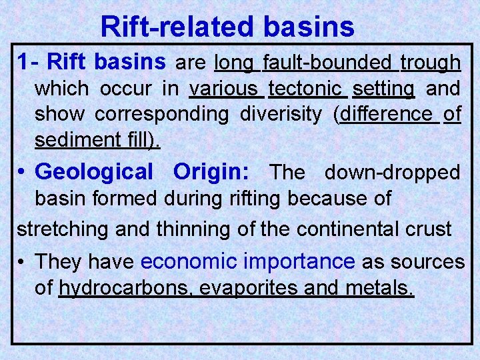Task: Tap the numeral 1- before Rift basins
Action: click(29, 63)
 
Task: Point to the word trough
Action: click(430, 63)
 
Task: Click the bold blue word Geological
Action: click(94, 171)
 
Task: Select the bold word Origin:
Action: click(212, 171)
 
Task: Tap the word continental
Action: click(347, 229)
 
